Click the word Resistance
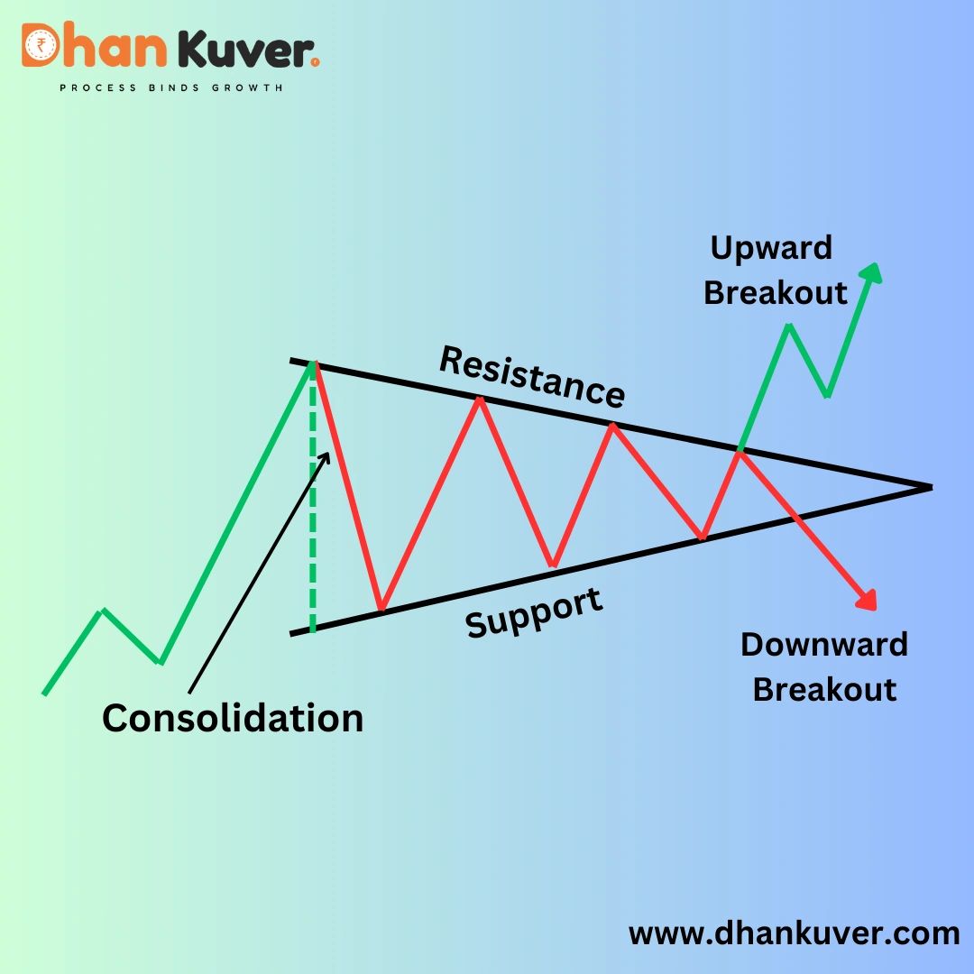[532, 375]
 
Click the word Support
[534, 613]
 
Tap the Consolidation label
[233, 718]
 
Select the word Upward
[771, 247]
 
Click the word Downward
[823, 645]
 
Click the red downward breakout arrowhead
[868, 600]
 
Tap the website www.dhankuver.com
[794, 933]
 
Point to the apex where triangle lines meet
[929, 487]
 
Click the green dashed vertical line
[313, 505]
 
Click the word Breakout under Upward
[776, 292]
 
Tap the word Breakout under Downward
[824, 689]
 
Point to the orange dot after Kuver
[315, 62]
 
